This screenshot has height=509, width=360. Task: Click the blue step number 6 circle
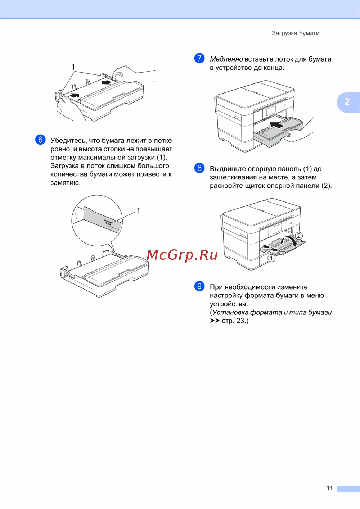tap(40, 140)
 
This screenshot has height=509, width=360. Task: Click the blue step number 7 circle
tap(199, 58)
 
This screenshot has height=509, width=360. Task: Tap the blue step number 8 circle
tap(199, 168)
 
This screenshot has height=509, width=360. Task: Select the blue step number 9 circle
tap(199, 286)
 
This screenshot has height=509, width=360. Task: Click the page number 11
tap(329, 488)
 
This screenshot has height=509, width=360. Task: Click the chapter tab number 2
tap(347, 102)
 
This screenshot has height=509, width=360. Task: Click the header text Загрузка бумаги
tap(296, 33)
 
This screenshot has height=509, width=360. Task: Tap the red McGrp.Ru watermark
tap(182, 255)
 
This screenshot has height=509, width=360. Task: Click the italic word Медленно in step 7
tap(226, 59)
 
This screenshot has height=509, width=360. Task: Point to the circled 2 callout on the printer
tap(299, 236)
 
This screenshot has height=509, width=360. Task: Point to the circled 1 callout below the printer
tap(271, 258)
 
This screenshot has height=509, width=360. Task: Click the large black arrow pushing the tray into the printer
tap(277, 125)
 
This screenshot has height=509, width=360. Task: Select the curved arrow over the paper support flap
tap(289, 240)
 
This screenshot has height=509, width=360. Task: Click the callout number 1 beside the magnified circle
tap(138, 211)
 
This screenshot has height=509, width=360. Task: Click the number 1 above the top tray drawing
tap(73, 67)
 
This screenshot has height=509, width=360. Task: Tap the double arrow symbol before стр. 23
tap(215, 321)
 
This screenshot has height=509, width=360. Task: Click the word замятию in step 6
tap(66, 183)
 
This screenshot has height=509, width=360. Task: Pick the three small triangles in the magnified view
tap(108, 224)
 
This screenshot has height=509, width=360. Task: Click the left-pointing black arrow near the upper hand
tap(107, 82)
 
